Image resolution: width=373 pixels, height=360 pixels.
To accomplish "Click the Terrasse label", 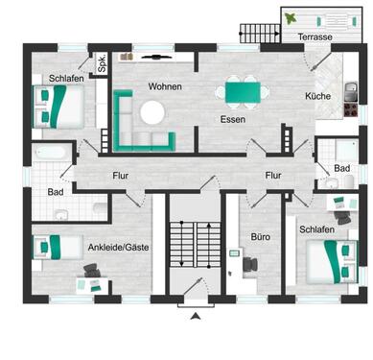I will (x=315, y=36).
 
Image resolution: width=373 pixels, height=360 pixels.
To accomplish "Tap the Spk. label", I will (x=101, y=65).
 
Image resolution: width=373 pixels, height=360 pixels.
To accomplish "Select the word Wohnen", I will (x=165, y=86).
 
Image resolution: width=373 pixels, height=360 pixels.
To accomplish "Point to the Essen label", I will (x=231, y=120).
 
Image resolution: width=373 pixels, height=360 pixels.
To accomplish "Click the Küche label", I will (x=317, y=97).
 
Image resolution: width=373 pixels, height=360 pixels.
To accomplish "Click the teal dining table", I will (x=239, y=91).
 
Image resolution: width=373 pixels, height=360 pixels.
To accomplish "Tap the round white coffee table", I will (x=152, y=112).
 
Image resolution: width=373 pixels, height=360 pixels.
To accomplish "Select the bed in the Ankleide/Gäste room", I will (x=52, y=246).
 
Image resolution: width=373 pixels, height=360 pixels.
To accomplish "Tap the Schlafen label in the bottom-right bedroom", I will (x=316, y=231).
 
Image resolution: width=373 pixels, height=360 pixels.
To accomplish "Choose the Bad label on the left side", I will (x=55, y=192).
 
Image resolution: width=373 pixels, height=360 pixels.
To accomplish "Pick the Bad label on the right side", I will (x=342, y=167).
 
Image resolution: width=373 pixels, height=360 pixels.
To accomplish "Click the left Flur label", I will (x=120, y=176).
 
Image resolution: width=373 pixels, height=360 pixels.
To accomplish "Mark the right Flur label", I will (x=273, y=176).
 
